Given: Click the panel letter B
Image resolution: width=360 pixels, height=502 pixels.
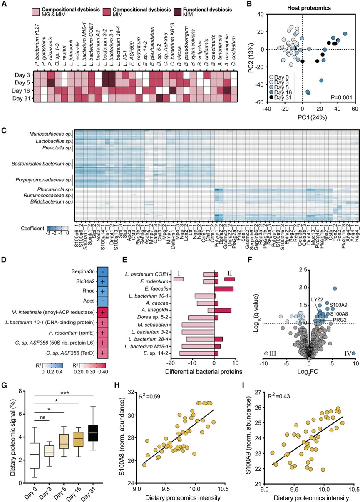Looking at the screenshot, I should tap(248, 5).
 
